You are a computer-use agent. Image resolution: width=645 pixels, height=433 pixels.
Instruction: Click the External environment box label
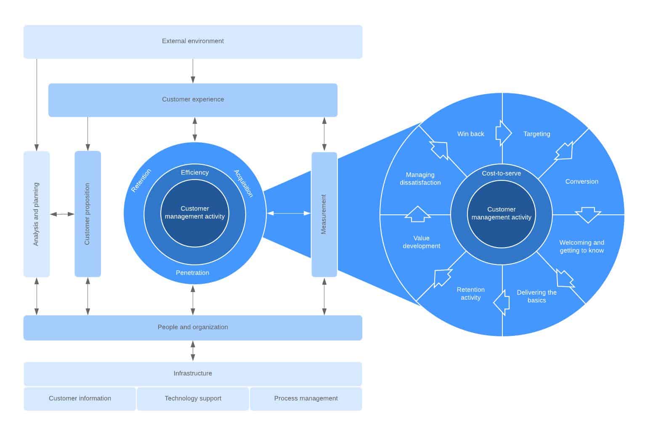point(193,41)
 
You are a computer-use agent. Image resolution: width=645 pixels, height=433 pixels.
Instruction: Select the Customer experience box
point(193,100)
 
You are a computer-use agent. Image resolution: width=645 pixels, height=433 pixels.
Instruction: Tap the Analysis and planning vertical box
point(37,214)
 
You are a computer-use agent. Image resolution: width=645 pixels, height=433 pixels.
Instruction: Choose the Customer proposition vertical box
point(88,214)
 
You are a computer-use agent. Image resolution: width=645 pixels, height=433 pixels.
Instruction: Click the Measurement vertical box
point(324,214)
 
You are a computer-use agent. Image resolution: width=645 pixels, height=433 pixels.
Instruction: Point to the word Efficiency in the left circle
point(194,173)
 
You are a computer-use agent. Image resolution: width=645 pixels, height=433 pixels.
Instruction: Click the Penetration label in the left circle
point(192,273)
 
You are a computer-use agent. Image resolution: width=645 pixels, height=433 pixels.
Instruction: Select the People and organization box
point(193,327)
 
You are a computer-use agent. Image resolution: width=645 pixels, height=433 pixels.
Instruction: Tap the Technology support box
point(193,399)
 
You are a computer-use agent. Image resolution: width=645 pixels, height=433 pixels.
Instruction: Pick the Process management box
point(306,399)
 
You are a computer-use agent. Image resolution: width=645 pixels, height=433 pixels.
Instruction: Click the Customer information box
point(80,399)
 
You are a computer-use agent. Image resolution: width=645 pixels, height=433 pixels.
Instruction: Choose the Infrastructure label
point(193,374)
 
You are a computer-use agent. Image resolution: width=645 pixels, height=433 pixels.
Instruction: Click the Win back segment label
point(470,134)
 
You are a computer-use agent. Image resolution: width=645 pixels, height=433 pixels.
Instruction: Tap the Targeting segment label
point(536,134)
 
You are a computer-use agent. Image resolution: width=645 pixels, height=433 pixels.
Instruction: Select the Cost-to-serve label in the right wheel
point(501,174)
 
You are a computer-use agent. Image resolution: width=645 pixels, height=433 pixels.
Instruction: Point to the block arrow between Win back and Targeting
point(503,133)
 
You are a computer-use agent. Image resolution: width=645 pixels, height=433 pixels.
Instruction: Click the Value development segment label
point(421,242)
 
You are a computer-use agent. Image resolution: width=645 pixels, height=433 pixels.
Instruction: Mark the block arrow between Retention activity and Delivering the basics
point(502,302)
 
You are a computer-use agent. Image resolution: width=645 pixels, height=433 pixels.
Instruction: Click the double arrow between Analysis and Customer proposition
point(62,214)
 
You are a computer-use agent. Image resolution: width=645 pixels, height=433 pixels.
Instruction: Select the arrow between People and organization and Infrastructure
point(193,351)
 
